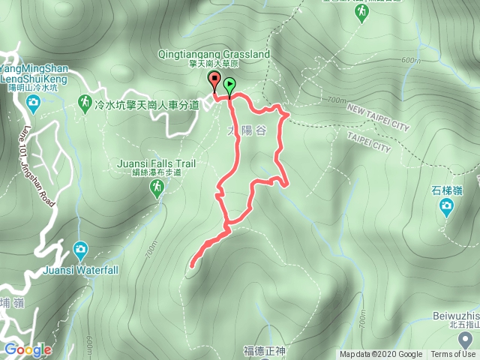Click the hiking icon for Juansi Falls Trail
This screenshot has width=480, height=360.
point(157,190)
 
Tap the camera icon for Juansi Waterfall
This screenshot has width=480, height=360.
point(80,249)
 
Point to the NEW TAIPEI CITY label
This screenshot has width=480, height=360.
point(378,118)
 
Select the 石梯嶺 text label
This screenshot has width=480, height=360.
point(446,188)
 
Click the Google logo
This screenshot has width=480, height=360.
point(28,349)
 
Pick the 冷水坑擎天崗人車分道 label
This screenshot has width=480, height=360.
point(148,105)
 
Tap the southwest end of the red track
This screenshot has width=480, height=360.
point(192,265)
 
